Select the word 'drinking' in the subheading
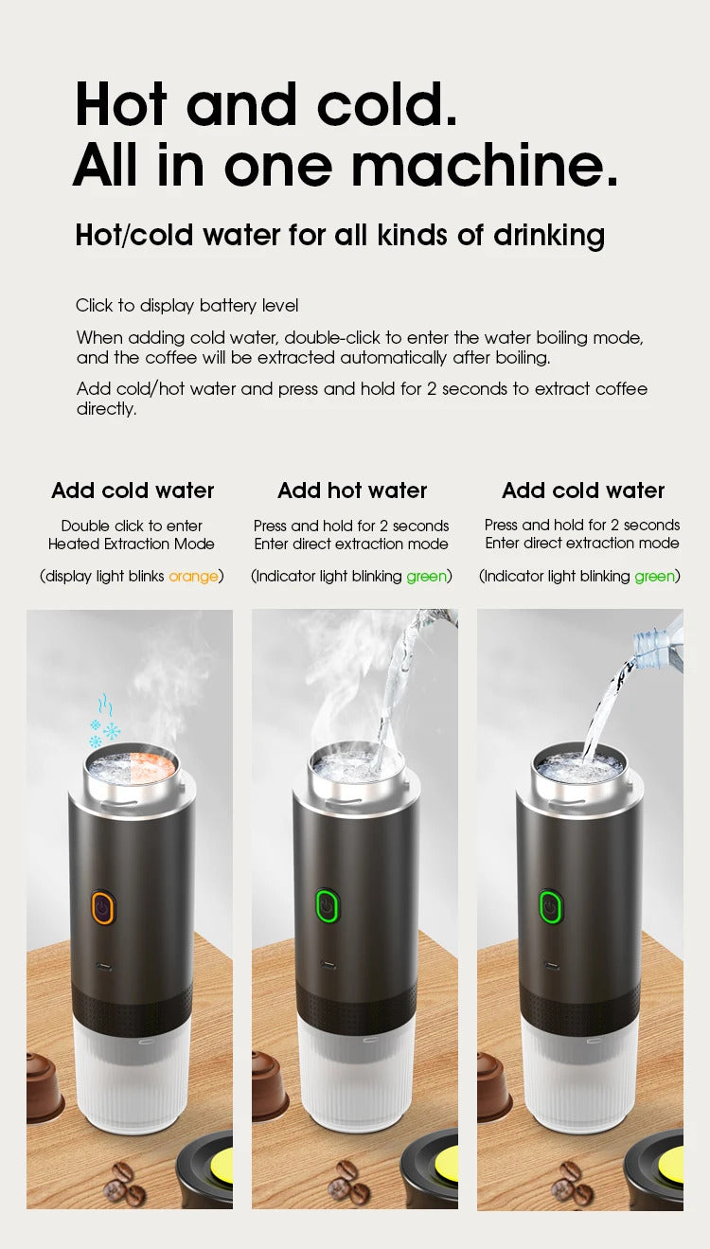click(549, 235)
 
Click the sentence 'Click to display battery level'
click(186, 305)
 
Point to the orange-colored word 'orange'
click(193, 576)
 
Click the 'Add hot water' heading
click(352, 491)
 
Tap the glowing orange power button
click(102, 906)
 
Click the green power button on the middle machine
click(327, 906)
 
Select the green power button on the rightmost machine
click(549, 906)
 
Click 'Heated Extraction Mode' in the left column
click(132, 544)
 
